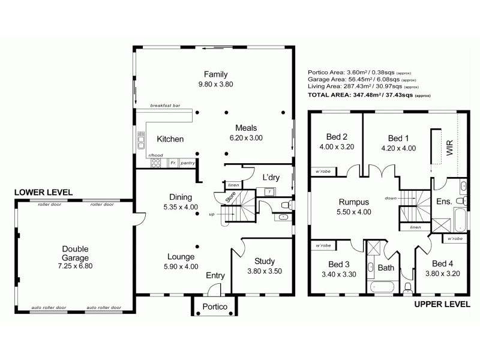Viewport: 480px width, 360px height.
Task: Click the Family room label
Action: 215,74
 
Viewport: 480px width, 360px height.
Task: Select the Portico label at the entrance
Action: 215,307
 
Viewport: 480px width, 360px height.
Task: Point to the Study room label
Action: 264,261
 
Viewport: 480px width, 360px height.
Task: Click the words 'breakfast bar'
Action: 165,105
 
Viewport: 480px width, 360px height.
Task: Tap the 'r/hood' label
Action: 155,155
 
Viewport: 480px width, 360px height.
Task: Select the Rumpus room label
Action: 353,202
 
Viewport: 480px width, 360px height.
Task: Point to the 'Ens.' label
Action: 444,201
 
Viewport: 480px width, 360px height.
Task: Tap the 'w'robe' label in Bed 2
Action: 322,172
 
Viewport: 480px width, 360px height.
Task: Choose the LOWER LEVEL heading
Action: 43,192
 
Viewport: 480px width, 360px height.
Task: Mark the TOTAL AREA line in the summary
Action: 368,95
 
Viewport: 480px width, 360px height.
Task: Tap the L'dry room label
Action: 272,177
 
